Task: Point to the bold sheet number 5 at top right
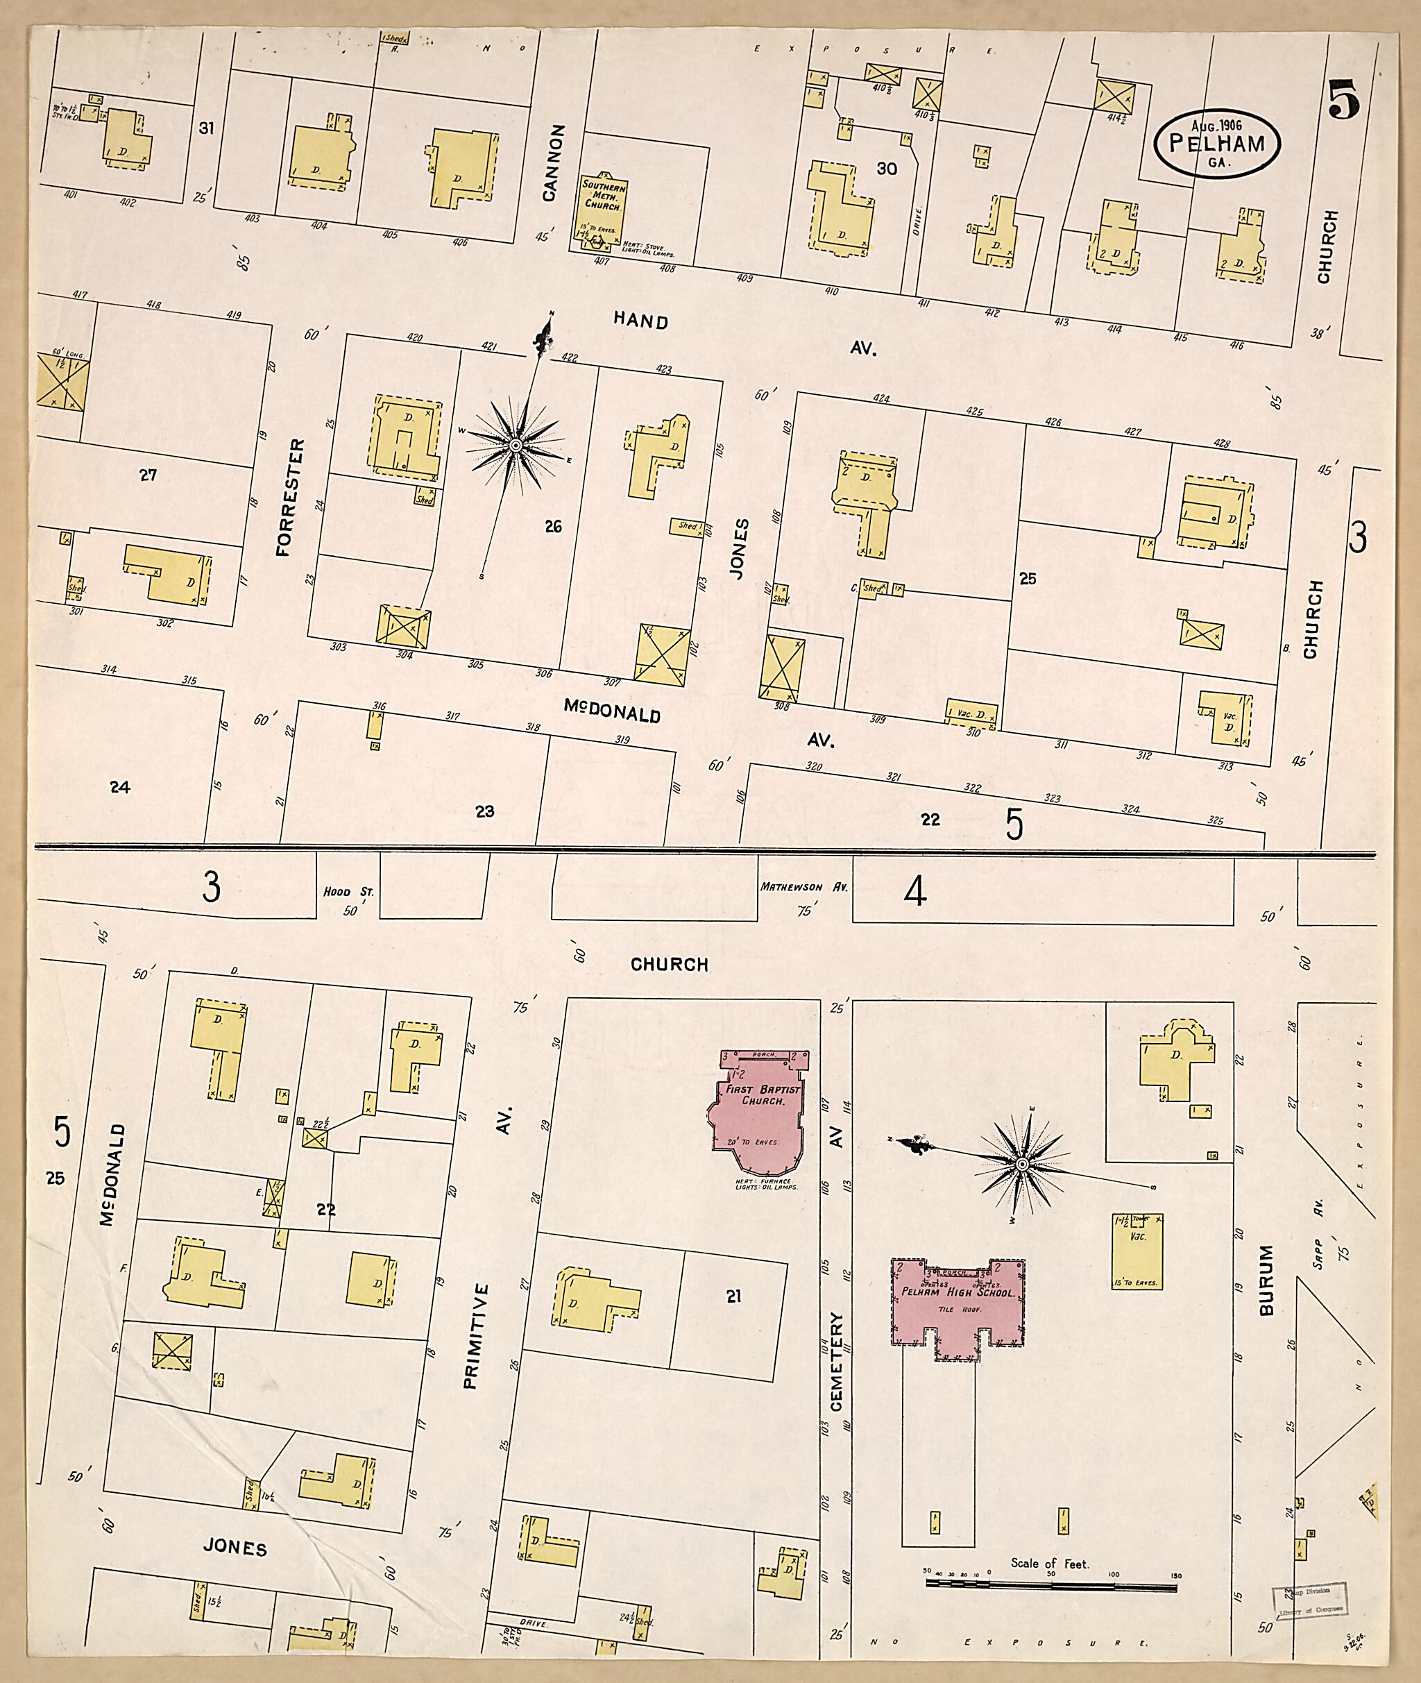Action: pos(1345,100)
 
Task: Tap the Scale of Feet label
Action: pos(1050,1563)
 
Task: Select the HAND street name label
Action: pos(640,321)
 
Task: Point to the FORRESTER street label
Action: pos(289,498)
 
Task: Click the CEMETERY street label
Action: pos(835,1362)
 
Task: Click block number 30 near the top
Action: pos(887,169)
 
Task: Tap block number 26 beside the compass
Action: pos(552,527)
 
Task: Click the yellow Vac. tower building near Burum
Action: pos(1136,1251)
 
